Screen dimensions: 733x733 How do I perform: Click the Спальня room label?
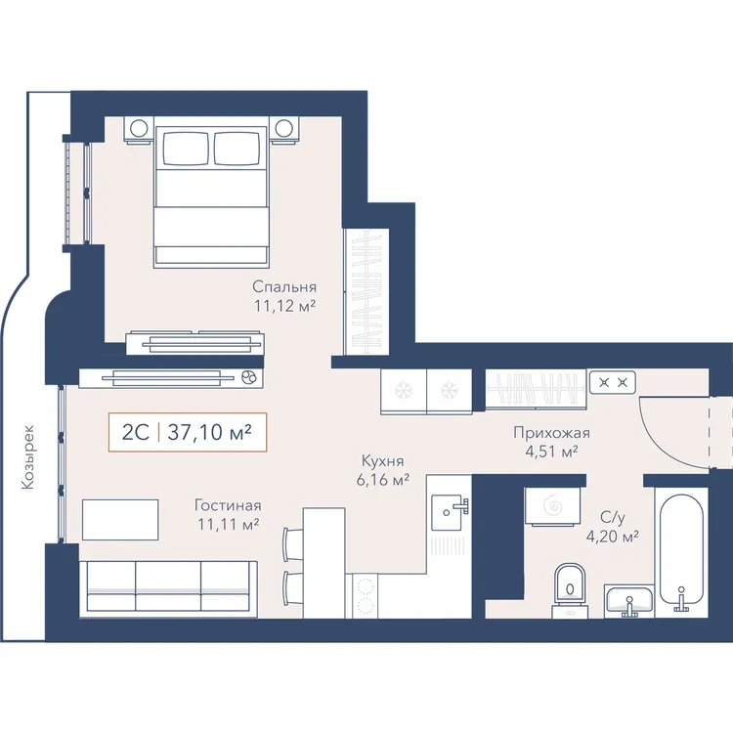point(284,286)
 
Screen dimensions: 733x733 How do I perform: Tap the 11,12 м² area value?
point(284,306)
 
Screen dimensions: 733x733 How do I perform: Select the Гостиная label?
point(228,505)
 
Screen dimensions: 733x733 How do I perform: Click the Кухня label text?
point(383,461)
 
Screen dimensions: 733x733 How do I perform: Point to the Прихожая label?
point(551,433)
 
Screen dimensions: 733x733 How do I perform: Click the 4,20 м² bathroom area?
point(613,537)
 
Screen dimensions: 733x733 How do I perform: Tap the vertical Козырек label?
point(28,456)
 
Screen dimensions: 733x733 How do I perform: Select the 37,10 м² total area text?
point(209,432)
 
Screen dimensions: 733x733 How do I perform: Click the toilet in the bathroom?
point(570,590)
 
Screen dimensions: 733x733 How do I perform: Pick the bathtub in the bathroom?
point(681,551)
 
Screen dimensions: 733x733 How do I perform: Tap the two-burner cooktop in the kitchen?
point(365,595)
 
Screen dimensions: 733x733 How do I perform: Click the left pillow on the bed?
point(186,149)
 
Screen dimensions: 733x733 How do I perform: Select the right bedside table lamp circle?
point(283,127)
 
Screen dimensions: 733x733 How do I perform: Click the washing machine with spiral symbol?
point(553,506)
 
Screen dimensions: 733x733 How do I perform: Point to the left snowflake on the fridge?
point(402,389)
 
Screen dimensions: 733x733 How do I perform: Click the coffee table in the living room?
point(120,519)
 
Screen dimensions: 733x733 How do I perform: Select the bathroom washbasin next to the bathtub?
point(628,601)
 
